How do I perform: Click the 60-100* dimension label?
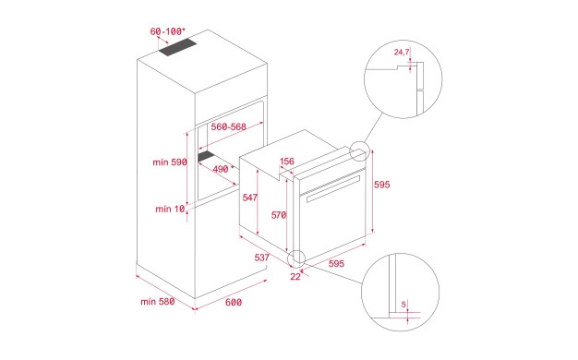pos(167,31)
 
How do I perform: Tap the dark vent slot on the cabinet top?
pos(177,48)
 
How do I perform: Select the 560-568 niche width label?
pos(229,127)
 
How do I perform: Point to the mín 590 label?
pos(170,162)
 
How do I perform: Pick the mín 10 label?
pos(170,209)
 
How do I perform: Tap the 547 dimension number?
pos(250,198)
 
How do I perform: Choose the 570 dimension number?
pos(279,215)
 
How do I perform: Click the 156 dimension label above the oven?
pos(287,162)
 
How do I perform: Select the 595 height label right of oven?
pos(382,185)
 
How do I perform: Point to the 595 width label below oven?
pos(337,263)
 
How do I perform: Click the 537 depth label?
pos(262,258)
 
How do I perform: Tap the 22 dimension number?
pos(295,277)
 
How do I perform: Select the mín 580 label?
pos(157,302)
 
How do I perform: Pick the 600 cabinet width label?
pos(234,303)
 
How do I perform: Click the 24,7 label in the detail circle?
pos(402,52)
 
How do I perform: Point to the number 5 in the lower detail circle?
pos(403,305)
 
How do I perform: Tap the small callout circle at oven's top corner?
pos(359,151)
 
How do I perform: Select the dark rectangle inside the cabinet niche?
pos(208,156)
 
